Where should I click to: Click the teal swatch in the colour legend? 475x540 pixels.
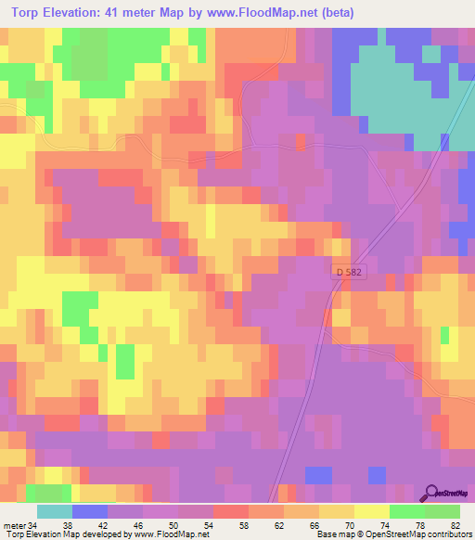coord(54,511)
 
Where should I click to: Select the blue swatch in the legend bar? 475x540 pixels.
coord(89,511)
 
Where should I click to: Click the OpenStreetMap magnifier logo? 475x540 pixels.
coord(430,493)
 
